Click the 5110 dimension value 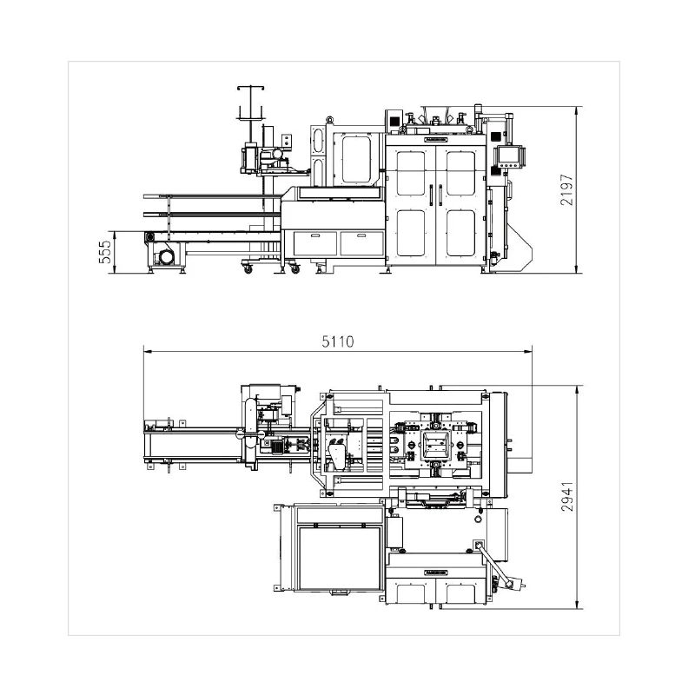[x=338, y=341]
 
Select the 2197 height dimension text [x=567, y=189]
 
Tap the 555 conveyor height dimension [x=104, y=252]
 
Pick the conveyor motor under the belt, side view [x=164, y=256]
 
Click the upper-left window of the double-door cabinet [x=410, y=171]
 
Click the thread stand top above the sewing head [x=250, y=89]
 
